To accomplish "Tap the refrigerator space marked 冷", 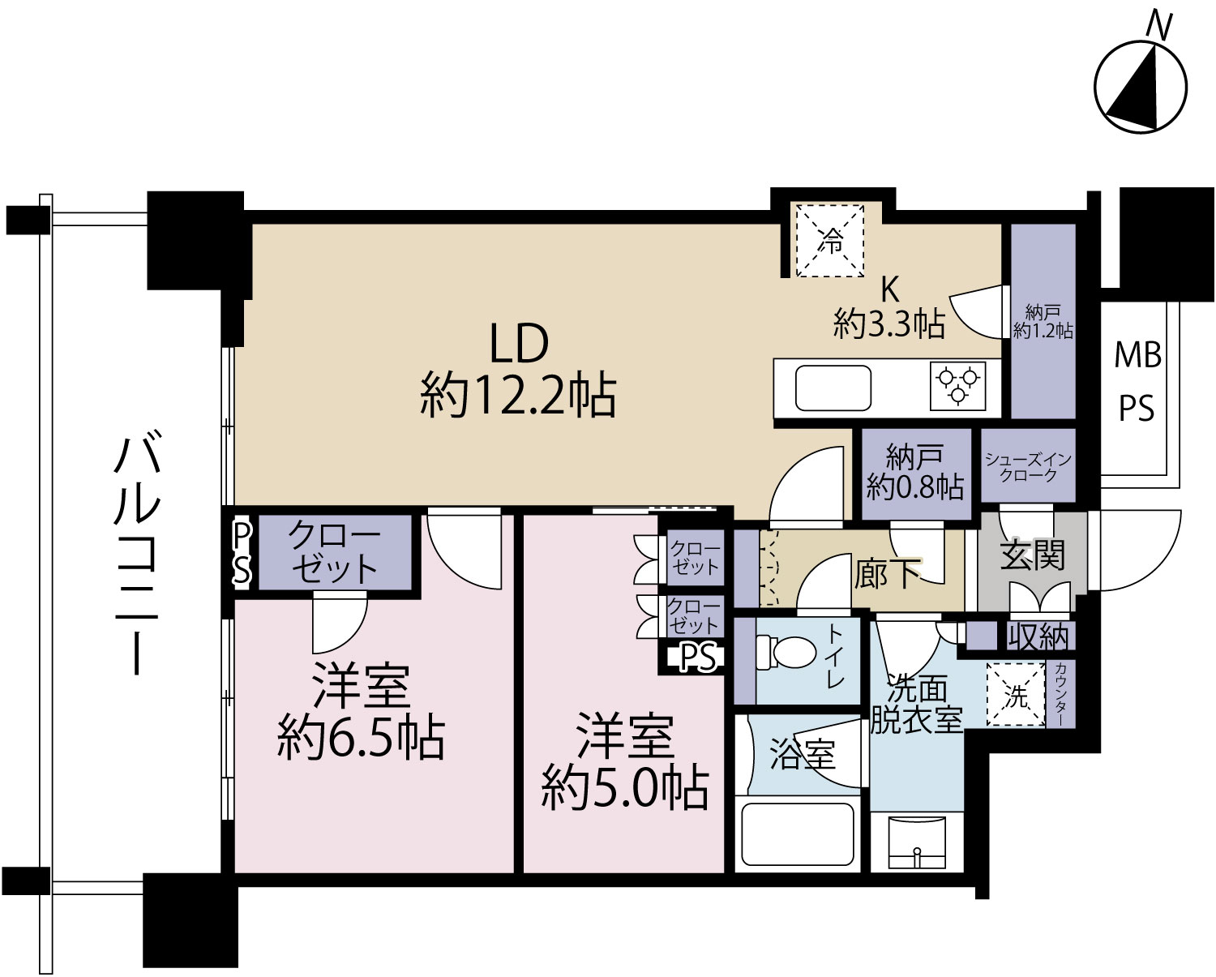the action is tap(829, 241).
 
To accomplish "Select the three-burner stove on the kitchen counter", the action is tap(957, 386).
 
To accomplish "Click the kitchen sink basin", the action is tap(833, 388).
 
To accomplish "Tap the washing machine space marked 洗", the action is tap(1016, 695).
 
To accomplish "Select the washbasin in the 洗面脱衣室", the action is tap(917, 842).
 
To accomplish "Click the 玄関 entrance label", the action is tap(1032, 555).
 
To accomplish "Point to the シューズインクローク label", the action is tap(1028, 467).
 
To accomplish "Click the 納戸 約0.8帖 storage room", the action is tap(915, 474).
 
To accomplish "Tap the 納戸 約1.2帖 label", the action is tap(1043, 322).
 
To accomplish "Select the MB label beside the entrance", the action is tap(1138, 355).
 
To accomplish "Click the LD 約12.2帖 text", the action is tap(518, 370).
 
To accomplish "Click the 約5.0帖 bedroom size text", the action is tap(624, 788).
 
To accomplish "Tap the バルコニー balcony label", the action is tap(137, 551).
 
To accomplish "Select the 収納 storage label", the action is tap(1038, 636).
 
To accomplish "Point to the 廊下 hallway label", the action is tap(887, 572).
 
